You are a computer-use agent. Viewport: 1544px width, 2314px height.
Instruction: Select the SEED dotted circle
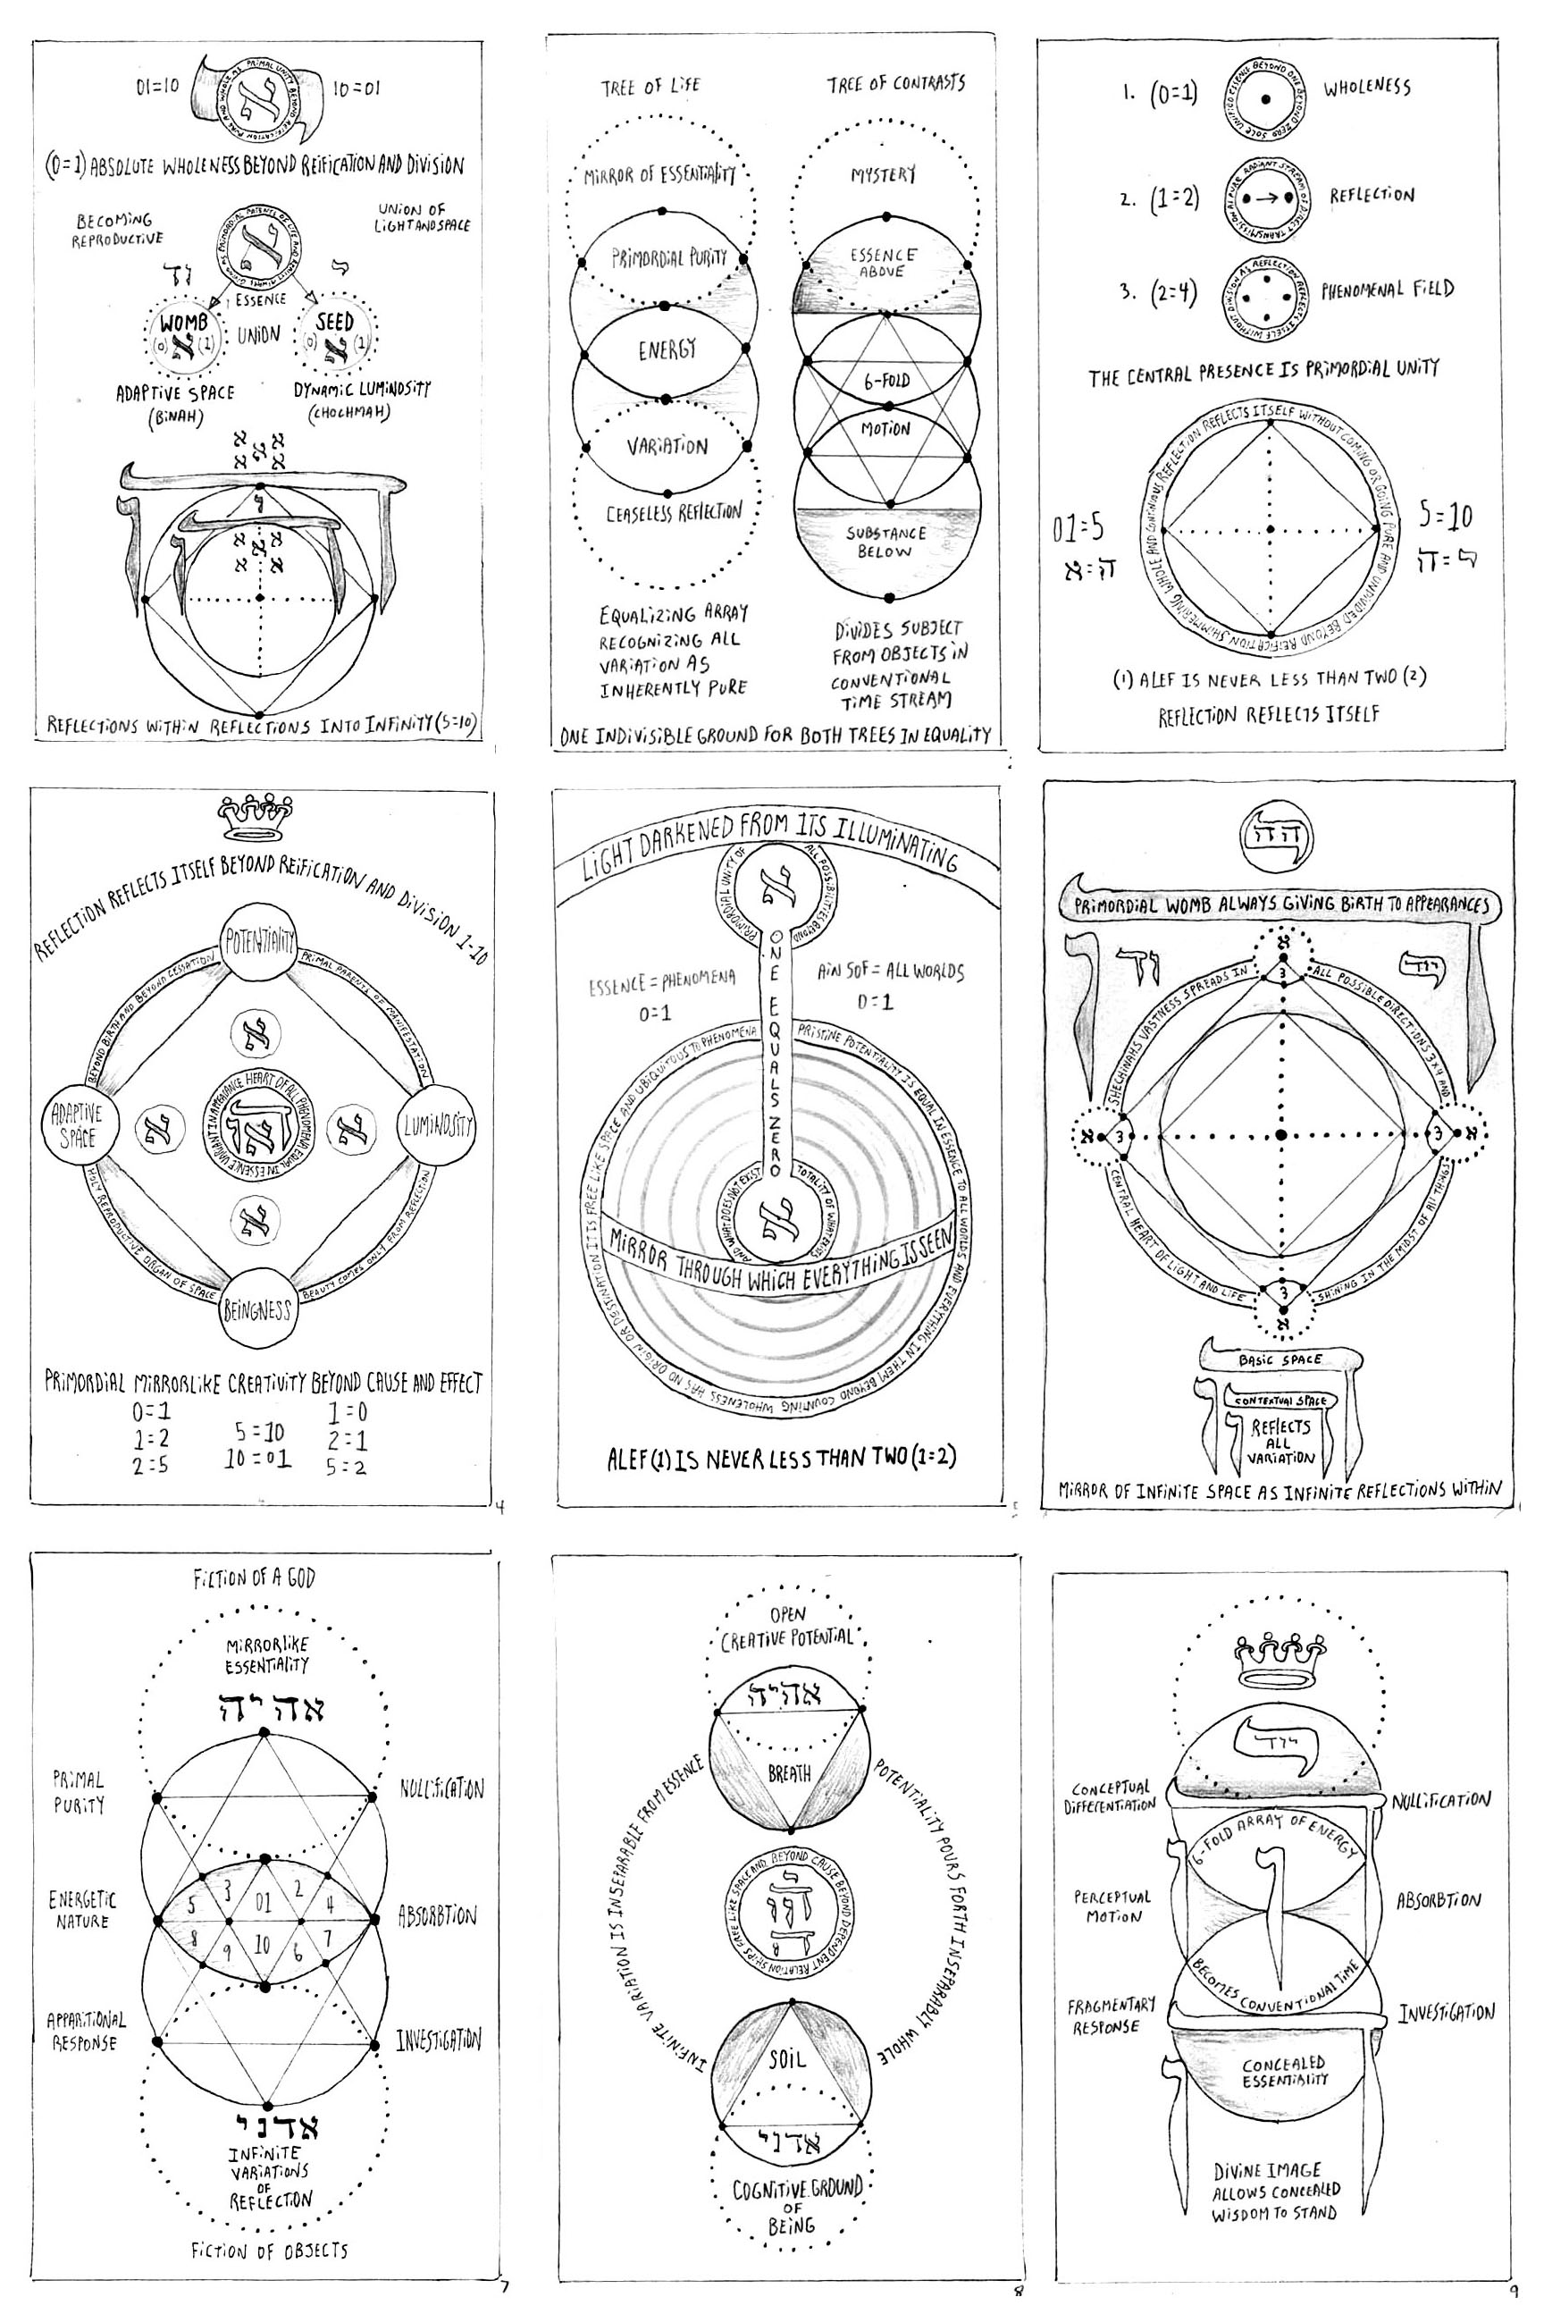(x=337, y=336)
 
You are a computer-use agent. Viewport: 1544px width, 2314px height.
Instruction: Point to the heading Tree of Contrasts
(x=895, y=84)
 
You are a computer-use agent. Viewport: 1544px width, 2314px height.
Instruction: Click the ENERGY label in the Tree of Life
(x=667, y=349)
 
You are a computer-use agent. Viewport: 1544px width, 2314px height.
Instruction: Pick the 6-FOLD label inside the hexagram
(x=886, y=381)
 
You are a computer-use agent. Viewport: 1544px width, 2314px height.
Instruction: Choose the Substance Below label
(x=885, y=543)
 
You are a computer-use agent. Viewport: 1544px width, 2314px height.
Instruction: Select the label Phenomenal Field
(x=1387, y=290)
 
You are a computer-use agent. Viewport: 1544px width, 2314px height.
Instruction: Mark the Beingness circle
(x=257, y=1309)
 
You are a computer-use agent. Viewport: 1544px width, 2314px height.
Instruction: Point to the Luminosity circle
(x=436, y=1125)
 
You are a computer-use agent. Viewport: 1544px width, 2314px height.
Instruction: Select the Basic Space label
(x=1280, y=1359)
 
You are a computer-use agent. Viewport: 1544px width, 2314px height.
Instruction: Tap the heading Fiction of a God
(x=253, y=1578)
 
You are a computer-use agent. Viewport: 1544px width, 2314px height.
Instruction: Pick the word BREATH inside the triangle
(x=789, y=1773)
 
